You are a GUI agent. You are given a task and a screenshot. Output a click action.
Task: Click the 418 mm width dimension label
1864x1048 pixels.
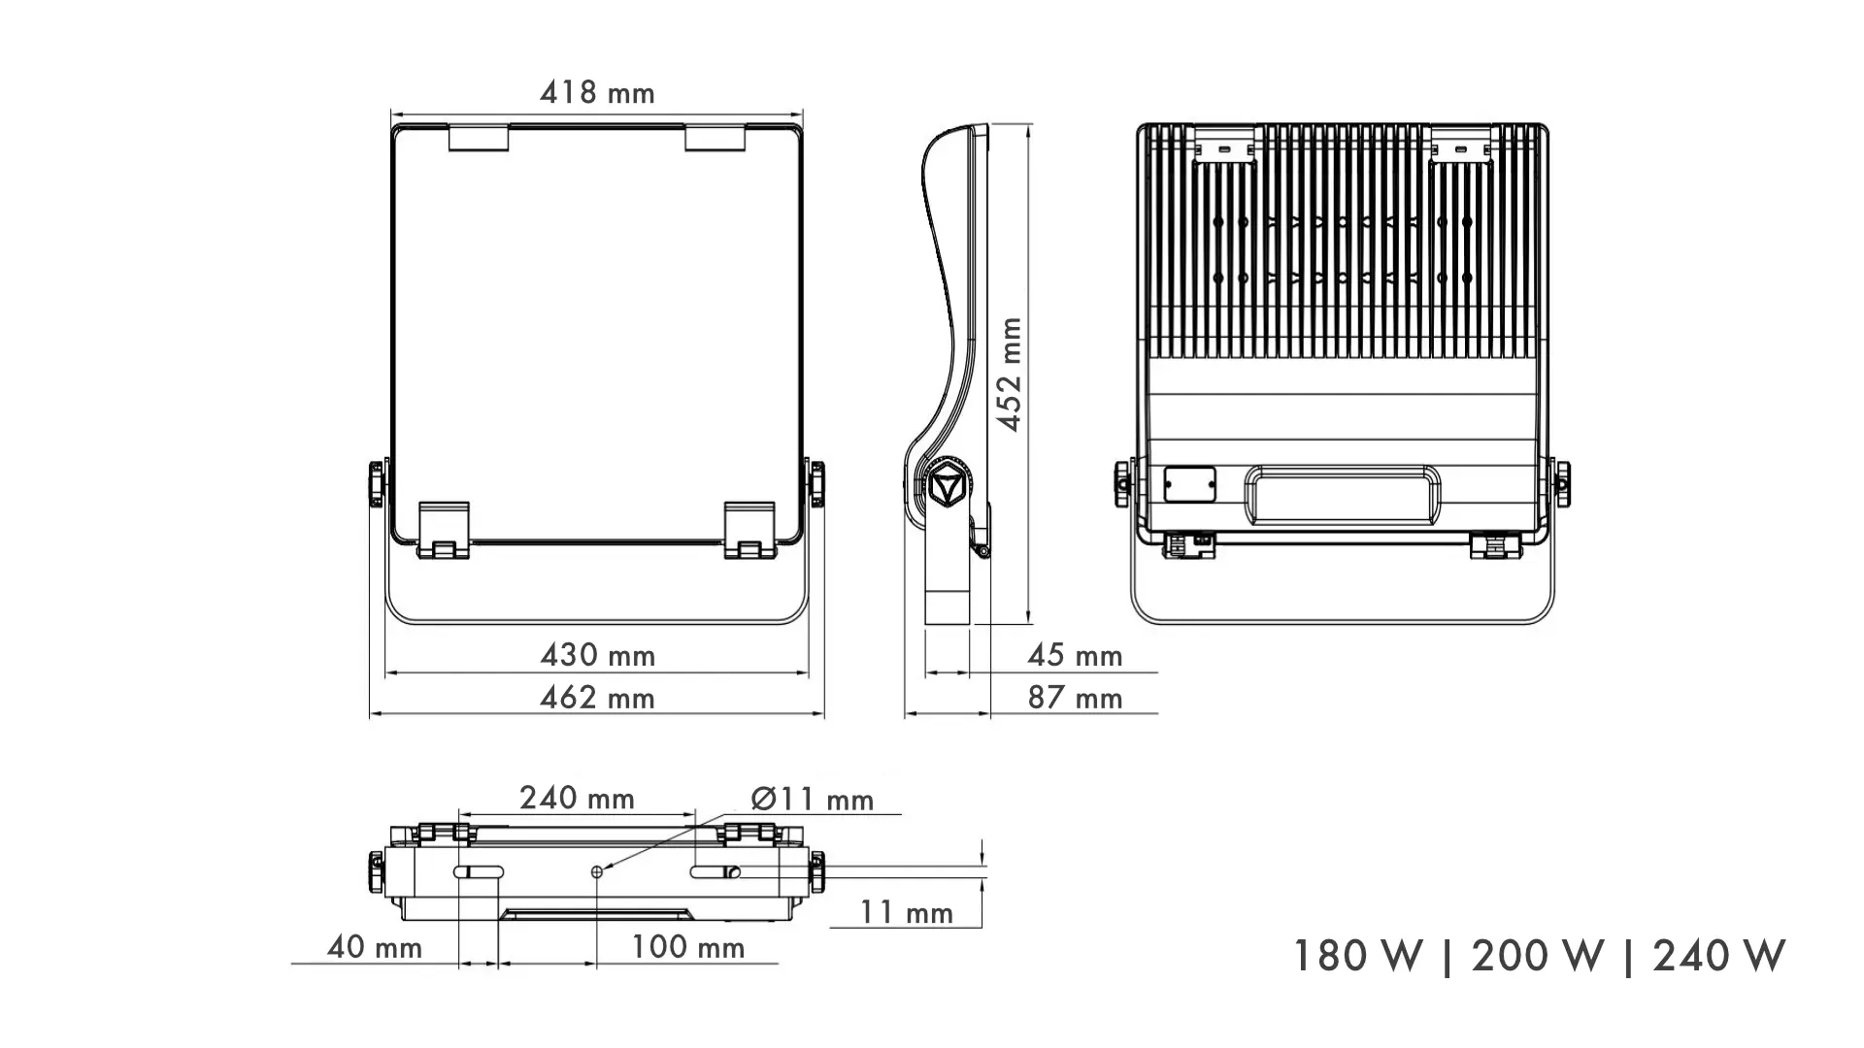pos(597,92)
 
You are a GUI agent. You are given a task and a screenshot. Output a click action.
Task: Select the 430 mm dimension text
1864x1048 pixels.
pos(597,655)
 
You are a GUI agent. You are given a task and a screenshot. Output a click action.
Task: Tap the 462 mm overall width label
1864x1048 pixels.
pos(597,698)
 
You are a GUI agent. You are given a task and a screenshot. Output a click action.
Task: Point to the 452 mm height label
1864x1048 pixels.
pos(1011,374)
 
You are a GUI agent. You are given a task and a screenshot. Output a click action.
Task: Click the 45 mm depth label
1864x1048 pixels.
pos(1075,655)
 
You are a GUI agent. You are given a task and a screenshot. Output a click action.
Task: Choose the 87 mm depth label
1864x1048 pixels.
pos(1075,698)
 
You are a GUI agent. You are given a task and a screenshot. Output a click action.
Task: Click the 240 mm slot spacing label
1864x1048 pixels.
pos(577,798)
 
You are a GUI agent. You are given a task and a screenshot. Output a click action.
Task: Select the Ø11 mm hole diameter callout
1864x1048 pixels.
pos(813,799)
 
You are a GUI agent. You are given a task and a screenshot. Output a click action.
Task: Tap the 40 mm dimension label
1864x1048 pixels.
pos(375,947)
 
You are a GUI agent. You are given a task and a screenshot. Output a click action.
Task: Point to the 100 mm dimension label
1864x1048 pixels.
pos(688,947)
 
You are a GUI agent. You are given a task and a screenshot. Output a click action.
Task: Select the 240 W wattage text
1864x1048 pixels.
pos(1718,956)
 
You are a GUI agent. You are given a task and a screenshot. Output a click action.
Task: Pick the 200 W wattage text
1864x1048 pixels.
pos(1537,956)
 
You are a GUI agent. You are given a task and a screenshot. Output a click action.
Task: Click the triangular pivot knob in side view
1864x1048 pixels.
pos(947,485)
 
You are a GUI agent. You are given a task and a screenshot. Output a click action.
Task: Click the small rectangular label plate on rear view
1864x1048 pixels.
pos(1190,483)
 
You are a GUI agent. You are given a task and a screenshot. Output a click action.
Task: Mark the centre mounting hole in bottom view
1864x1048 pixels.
pos(597,872)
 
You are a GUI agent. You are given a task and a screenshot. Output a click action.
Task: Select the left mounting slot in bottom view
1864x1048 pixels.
pos(477,872)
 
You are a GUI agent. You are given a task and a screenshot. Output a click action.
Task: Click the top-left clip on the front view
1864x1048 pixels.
pos(479,138)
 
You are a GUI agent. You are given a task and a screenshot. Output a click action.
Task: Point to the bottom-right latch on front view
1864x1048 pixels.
pos(749,531)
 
